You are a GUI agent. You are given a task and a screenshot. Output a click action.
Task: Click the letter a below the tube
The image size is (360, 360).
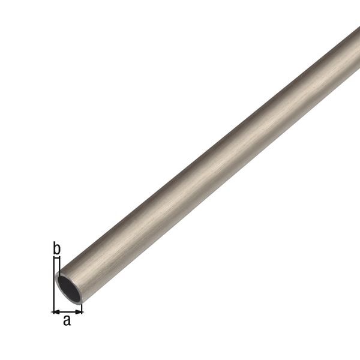click(x=67, y=320)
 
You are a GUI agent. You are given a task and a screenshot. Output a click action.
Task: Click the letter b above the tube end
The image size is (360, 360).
click(x=56, y=247)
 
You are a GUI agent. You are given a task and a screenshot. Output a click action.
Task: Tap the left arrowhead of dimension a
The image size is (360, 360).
click(x=55, y=311)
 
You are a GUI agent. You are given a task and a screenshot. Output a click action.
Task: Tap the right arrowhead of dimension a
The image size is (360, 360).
click(x=79, y=311)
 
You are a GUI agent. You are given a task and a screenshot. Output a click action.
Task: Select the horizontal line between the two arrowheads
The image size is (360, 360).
click(x=67, y=311)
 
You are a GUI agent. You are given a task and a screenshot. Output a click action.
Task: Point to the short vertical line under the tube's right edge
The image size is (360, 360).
click(x=82, y=307)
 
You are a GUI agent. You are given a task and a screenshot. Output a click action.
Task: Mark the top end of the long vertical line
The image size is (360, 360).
click(x=53, y=257)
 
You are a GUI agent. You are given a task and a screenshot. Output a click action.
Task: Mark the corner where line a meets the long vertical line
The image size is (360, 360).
click(x=53, y=311)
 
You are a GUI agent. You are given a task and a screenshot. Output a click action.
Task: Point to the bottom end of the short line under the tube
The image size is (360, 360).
click(x=82, y=313)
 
